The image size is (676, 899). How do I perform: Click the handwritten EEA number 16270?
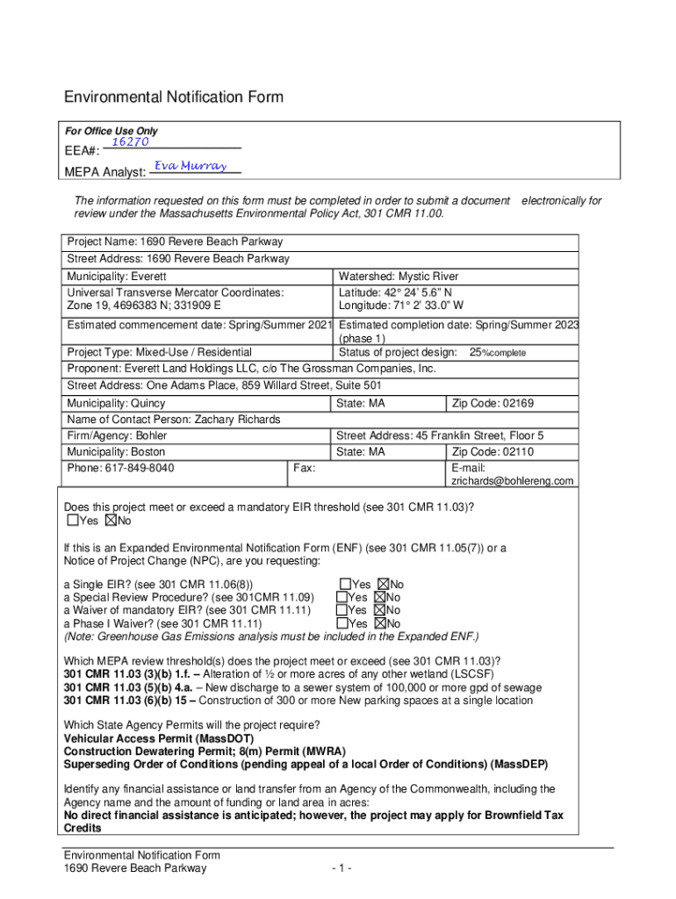point(129,142)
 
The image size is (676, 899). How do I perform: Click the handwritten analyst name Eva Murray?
point(191,166)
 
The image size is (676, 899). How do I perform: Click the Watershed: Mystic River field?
point(399,277)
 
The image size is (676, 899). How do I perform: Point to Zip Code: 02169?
point(493,404)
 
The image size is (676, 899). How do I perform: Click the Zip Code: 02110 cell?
point(493,452)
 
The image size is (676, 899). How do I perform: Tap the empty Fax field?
point(369,474)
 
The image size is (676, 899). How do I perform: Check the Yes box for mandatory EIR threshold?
point(72,521)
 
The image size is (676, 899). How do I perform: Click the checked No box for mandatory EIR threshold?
point(111,521)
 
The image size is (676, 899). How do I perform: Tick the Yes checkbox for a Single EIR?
point(345,585)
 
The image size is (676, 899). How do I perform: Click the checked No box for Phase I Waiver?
point(380,624)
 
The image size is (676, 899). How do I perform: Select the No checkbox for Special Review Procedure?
point(380,598)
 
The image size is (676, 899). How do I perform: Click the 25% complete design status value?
point(497,352)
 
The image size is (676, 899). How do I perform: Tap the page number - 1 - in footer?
point(342,869)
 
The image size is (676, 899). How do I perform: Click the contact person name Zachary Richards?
point(237,420)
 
